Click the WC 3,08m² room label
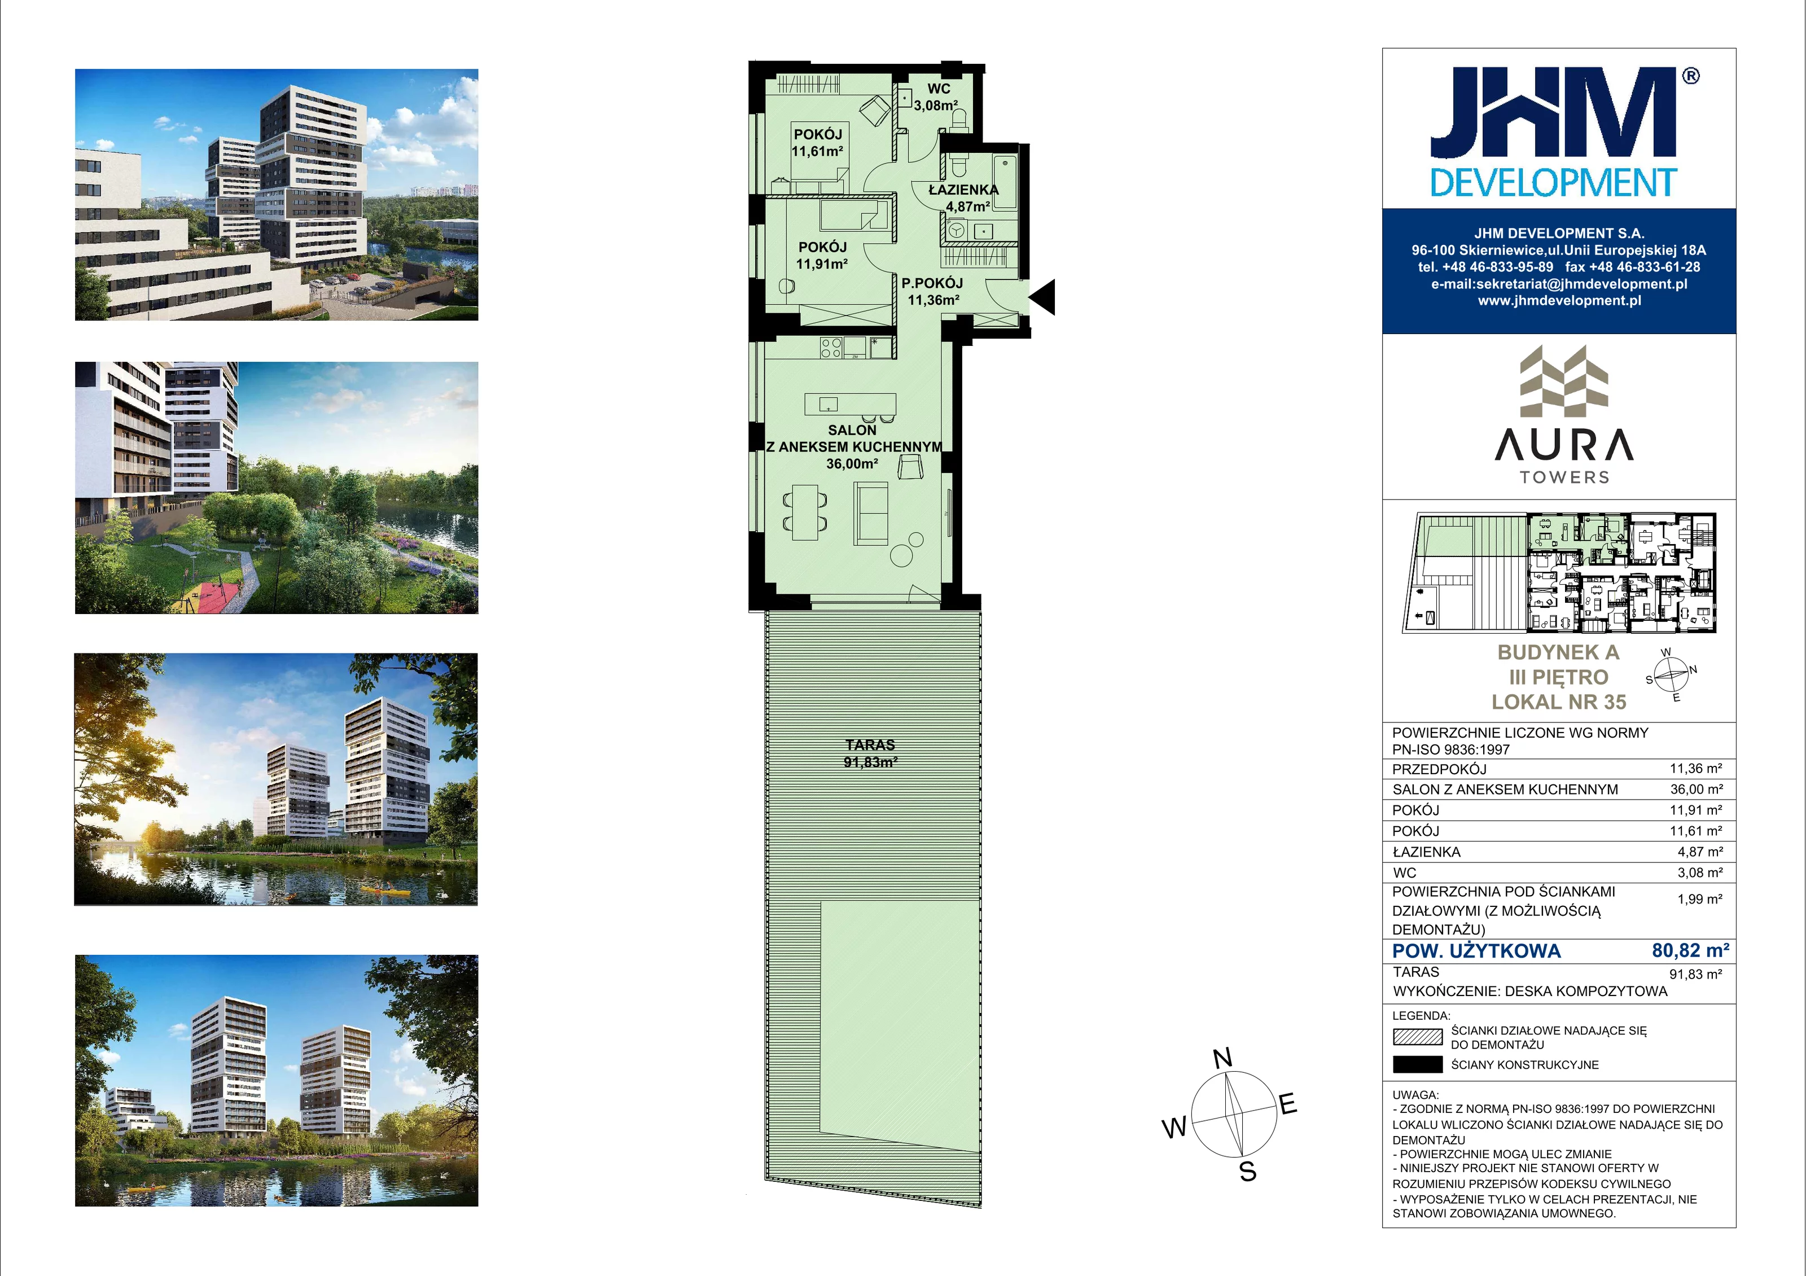pyautogui.click(x=936, y=97)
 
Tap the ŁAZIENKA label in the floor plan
pyautogui.click(x=963, y=190)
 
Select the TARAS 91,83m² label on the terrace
pyautogui.click(x=870, y=753)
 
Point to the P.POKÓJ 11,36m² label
pyautogui.click(x=932, y=291)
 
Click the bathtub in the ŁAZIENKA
pyautogui.click(x=1005, y=184)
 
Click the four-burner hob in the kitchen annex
pyautogui.click(x=831, y=347)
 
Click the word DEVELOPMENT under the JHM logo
pyautogui.click(x=1554, y=183)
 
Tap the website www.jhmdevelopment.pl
pyautogui.click(x=1559, y=300)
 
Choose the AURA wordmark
pyautogui.click(x=1564, y=446)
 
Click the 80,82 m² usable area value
pyautogui.click(x=1690, y=950)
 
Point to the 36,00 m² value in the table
pyautogui.click(x=1697, y=789)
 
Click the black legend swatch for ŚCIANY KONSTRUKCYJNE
pyautogui.click(x=1417, y=1064)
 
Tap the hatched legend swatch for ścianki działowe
pyautogui.click(x=1417, y=1037)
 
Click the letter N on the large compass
pyautogui.click(x=1222, y=1059)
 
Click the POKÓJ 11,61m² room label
pyautogui.click(x=817, y=142)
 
